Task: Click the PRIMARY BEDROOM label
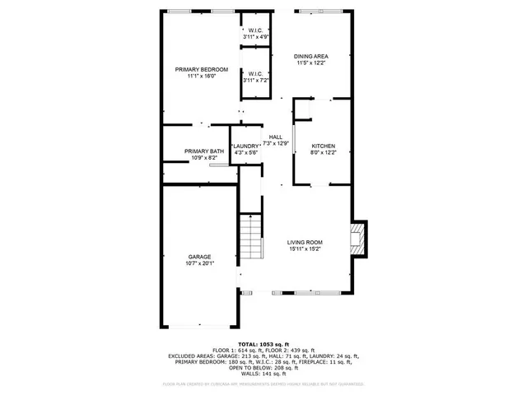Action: click(201, 69)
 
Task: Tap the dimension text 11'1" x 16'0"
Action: click(201, 76)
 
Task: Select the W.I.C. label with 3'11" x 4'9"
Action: click(254, 31)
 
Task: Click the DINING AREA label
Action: click(311, 56)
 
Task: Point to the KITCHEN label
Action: click(323, 146)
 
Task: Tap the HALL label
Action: click(275, 137)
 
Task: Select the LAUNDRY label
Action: click(246, 146)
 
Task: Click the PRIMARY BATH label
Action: click(204, 151)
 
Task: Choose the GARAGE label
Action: click(199, 257)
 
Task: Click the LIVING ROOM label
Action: click(304, 242)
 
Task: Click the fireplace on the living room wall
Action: click(357, 239)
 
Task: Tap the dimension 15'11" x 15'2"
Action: click(304, 249)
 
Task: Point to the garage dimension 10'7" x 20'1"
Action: click(199, 263)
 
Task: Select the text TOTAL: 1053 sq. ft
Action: click(263, 344)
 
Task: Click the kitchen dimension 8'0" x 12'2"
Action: click(323, 153)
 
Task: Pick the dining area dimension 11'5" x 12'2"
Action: click(311, 63)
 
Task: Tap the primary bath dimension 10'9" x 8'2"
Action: click(204, 158)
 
